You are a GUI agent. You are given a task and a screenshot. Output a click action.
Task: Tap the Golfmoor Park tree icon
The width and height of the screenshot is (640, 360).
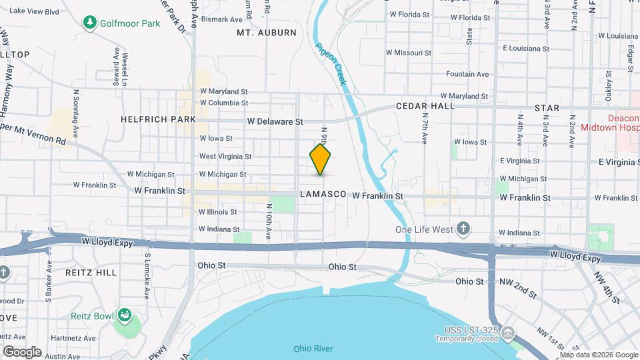tap(90, 23)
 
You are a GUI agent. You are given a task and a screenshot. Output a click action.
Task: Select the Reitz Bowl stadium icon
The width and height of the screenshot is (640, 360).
tap(123, 314)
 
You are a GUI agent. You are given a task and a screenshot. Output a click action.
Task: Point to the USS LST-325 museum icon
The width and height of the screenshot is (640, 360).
tap(508, 332)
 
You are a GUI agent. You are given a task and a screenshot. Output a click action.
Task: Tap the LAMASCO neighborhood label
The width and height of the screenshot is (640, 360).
tap(323, 194)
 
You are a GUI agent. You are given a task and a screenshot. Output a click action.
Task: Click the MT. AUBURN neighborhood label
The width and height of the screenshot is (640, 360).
tap(267, 32)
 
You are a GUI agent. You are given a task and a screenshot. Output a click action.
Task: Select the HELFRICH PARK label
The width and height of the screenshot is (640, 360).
tap(158, 119)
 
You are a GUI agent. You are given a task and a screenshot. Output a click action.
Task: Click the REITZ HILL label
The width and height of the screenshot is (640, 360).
tap(91, 273)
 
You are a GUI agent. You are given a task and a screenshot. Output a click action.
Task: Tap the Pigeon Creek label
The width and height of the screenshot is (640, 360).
tap(331, 63)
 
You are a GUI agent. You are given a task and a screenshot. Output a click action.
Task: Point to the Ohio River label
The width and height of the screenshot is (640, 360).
tap(313, 349)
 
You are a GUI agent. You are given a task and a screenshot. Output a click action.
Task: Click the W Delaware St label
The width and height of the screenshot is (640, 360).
tap(275, 122)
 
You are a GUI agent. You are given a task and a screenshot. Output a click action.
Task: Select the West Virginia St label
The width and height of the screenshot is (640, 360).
tap(225, 157)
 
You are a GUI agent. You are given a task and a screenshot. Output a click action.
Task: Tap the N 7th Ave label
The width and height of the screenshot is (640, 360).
tap(424, 128)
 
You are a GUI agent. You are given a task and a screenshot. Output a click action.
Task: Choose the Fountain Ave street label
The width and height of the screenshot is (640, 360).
tap(467, 74)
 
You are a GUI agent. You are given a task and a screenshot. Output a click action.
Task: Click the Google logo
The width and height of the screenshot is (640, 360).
tap(23, 351)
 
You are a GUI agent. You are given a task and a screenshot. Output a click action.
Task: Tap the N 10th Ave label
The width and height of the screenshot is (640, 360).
tap(269, 222)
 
